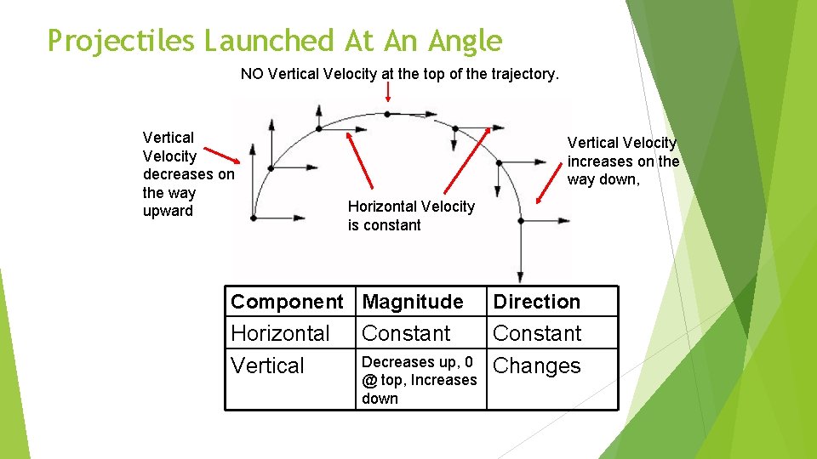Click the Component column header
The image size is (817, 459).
click(x=287, y=302)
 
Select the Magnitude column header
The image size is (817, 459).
click(x=413, y=302)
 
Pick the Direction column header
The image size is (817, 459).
click(x=536, y=302)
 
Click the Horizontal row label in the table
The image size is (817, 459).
click(x=280, y=333)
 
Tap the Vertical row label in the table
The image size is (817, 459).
click(x=267, y=365)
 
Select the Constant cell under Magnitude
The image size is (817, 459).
click(x=406, y=333)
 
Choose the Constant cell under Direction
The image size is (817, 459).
click(x=537, y=333)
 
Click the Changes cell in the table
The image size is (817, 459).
click(x=536, y=365)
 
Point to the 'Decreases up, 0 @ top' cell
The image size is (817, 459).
click(x=419, y=380)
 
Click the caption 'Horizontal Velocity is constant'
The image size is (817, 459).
click(x=410, y=216)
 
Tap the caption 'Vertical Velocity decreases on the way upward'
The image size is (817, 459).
click(x=187, y=174)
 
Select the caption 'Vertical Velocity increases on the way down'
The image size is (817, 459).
click(x=623, y=161)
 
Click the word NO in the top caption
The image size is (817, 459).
click(x=252, y=74)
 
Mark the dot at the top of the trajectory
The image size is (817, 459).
click(x=387, y=114)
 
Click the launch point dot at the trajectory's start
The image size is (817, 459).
click(x=254, y=218)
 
